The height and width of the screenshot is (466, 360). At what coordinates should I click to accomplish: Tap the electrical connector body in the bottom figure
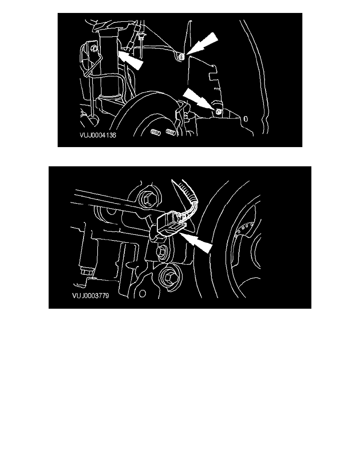coord(169,224)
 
